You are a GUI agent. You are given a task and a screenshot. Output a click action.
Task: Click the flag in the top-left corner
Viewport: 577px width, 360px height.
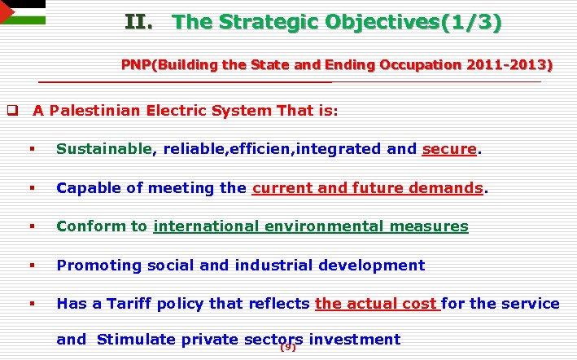tap(22, 12)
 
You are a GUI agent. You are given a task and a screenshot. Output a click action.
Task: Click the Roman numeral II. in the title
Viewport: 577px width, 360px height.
tap(139, 22)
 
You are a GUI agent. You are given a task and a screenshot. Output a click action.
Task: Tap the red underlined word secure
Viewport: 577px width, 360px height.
tap(449, 149)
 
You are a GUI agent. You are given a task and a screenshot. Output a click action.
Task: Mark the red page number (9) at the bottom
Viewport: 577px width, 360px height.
tap(287, 348)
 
